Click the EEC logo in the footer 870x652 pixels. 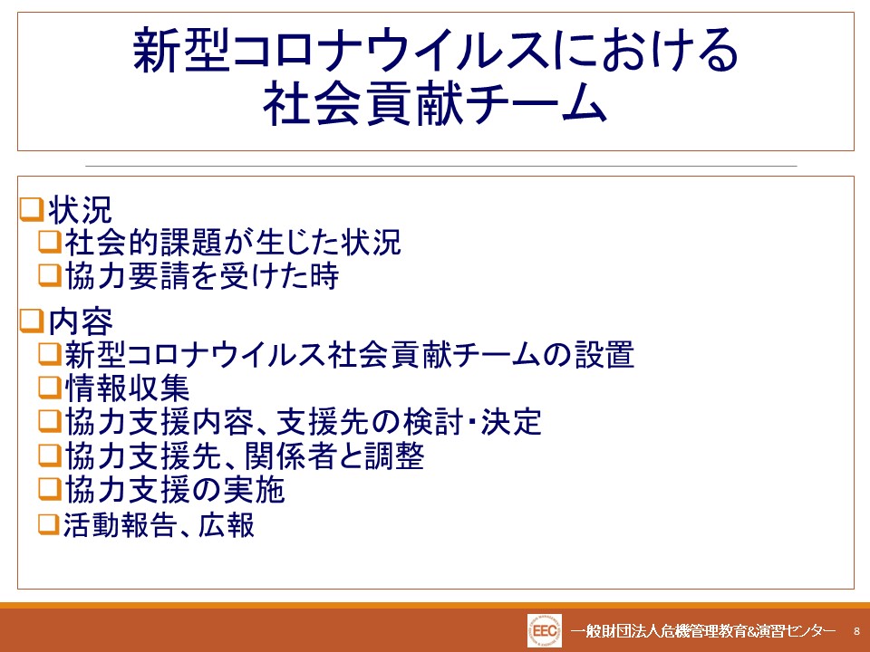pos(545,630)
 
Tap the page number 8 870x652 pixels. pos(856,631)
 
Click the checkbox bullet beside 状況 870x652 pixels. pos(31,210)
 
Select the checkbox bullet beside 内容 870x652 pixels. pos(31,321)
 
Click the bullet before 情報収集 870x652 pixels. pos(49,388)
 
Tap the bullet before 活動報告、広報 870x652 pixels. pos(49,524)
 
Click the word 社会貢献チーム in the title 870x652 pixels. pos(436,104)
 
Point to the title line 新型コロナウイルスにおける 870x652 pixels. pos(436,51)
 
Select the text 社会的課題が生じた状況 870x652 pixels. pos(233,243)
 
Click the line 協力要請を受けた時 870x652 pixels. pos(202,275)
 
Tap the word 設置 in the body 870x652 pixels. pos(604,354)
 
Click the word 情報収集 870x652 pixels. pos(128,388)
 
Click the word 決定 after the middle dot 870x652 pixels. pos(511,422)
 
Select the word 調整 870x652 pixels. pos(394,455)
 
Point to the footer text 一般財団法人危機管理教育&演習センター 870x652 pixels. pos(703,631)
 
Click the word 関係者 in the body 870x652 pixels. pos(288,455)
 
